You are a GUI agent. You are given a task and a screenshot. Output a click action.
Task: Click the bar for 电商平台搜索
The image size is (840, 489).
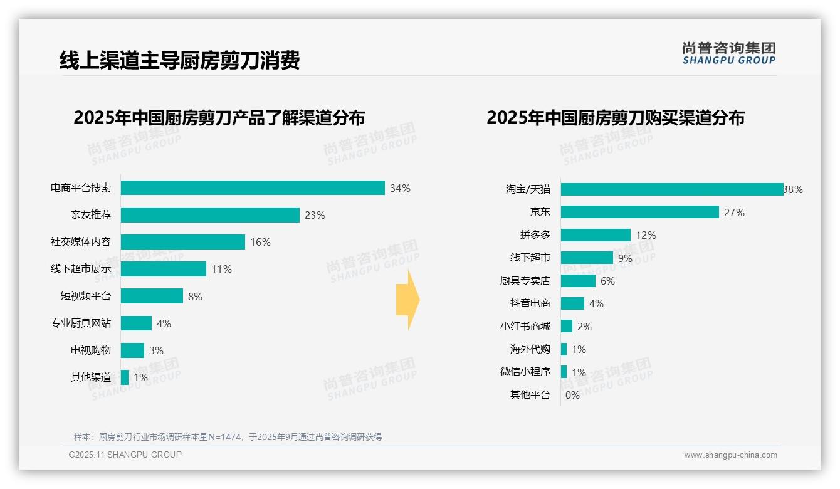(x=253, y=188)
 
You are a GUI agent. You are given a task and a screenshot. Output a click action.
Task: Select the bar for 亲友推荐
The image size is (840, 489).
(x=210, y=215)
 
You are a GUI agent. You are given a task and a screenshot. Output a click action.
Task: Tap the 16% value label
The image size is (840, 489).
(x=260, y=242)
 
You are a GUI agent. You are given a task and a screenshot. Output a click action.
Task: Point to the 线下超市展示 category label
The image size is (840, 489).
(x=81, y=269)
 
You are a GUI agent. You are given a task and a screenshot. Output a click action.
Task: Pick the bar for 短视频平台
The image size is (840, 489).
(x=152, y=296)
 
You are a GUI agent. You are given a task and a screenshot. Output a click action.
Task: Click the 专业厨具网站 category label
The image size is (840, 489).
(x=81, y=323)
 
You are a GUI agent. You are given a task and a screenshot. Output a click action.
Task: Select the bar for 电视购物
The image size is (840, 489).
(x=132, y=350)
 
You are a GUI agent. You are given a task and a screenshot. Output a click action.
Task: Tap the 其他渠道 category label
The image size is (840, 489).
(x=91, y=377)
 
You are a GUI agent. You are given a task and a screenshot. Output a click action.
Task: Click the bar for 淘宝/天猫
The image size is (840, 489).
(x=671, y=189)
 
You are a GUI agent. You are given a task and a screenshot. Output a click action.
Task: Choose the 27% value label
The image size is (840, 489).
(x=734, y=213)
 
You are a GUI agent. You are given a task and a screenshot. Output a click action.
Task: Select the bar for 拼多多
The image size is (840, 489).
(x=596, y=235)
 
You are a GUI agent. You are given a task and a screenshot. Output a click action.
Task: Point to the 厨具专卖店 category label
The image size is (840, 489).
(x=525, y=281)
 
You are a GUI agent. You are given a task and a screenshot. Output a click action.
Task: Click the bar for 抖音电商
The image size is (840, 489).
(x=572, y=303)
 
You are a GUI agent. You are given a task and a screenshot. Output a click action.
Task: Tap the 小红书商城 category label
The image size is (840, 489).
(x=525, y=327)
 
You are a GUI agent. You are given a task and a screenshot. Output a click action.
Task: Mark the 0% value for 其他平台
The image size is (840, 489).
(x=572, y=395)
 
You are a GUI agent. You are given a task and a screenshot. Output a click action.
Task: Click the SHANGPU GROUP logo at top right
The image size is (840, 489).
(x=729, y=53)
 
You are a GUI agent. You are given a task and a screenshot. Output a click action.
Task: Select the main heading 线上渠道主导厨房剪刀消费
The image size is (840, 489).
(x=180, y=60)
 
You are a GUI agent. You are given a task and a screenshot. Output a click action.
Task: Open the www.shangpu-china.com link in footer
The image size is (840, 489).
(x=730, y=455)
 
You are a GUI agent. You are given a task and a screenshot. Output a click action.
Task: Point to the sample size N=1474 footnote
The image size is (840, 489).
(x=228, y=437)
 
